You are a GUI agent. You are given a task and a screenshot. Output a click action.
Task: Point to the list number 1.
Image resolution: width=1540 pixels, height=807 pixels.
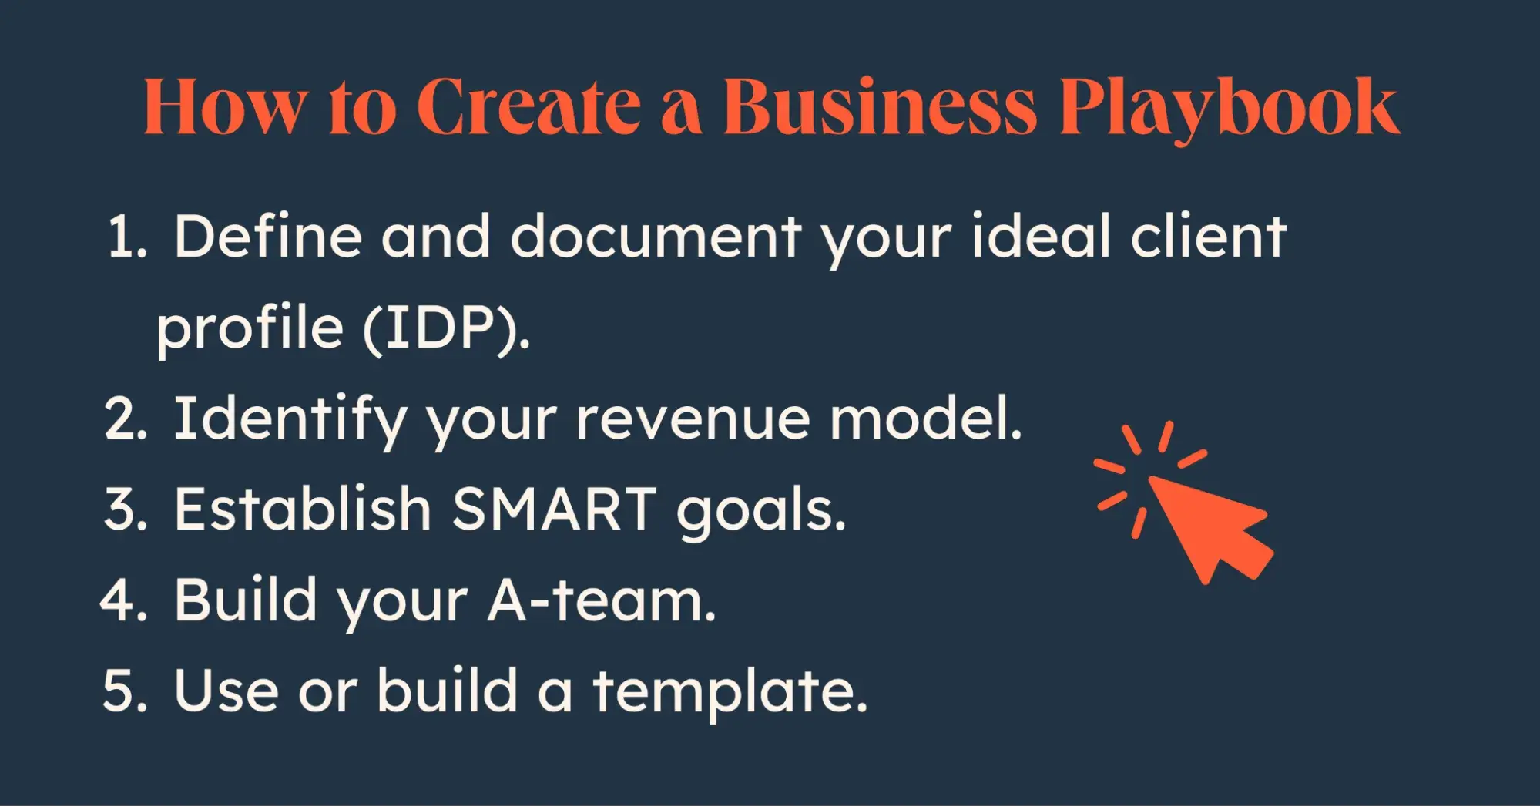point(126,237)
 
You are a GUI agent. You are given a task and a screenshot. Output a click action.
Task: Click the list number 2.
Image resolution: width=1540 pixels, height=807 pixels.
point(125,419)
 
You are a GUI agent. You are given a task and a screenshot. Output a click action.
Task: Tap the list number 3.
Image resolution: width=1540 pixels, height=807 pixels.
point(125,509)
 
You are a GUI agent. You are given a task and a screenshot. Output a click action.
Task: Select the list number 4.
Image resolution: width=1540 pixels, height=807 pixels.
point(123,600)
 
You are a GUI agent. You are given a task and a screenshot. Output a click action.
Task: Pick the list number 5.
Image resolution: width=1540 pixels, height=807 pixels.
point(125,690)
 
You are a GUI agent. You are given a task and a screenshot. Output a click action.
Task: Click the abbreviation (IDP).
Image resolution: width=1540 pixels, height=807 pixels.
point(446,328)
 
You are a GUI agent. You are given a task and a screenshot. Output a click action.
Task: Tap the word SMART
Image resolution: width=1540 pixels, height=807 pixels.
point(554,509)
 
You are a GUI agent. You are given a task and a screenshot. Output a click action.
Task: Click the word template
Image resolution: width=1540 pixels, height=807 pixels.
point(730,692)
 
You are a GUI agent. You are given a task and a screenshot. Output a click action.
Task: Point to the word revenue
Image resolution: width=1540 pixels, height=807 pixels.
point(693,420)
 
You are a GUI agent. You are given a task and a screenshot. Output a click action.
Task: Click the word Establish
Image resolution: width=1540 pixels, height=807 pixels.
point(303,509)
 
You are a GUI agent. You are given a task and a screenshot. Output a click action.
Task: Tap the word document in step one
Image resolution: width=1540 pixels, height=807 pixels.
point(656,236)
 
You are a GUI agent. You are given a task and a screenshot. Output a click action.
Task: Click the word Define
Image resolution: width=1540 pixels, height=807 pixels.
point(268,236)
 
